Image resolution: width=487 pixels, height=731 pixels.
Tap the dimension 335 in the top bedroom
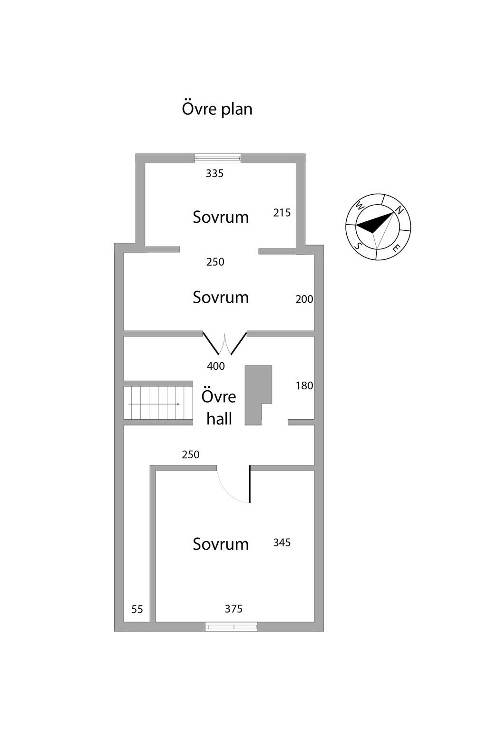coord(214,174)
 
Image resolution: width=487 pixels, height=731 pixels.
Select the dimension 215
coord(282,213)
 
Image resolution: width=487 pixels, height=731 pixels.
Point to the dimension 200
coord(304,299)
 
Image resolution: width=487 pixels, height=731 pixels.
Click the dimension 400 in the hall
coord(215,366)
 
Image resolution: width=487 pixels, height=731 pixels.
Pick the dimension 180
coord(304,386)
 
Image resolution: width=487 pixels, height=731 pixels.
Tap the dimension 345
coord(282,543)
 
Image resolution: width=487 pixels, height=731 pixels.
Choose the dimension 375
coord(234,609)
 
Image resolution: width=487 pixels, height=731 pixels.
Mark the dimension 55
coord(137,609)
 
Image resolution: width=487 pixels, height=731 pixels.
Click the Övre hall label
coord(219,407)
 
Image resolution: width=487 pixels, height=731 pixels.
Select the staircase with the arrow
coord(158,403)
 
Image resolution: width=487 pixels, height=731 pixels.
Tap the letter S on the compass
coord(358,246)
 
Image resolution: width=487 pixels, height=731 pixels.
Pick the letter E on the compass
coord(396,248)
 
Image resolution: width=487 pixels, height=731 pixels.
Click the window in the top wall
coord(217,158)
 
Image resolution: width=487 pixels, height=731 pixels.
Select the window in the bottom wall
coord(231,627)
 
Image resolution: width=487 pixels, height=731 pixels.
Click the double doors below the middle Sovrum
coord(225,344)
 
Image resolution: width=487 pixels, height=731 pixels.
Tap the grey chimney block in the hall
coord(258,395)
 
